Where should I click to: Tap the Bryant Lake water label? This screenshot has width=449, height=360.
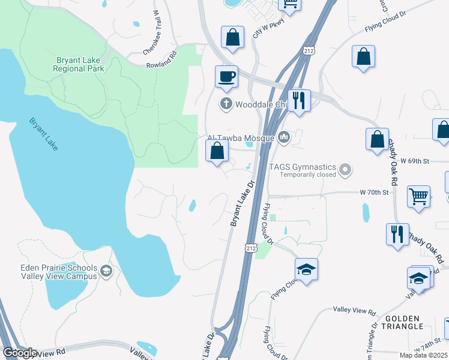point(43,138)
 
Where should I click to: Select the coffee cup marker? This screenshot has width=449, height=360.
point(226,77)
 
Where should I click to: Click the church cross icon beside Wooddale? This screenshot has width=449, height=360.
point(226,104)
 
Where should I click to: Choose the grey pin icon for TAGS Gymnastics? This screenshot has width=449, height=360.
point(345,170)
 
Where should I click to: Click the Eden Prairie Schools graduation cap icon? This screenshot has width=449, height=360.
point(106,272)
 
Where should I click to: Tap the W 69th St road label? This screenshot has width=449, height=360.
point(418,161)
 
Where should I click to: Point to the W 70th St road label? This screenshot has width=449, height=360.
point(375,192)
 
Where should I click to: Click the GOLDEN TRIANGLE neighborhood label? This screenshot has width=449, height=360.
point(404,322)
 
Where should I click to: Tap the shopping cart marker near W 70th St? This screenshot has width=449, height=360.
point(418,196)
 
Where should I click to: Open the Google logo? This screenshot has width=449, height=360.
point(19,353)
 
